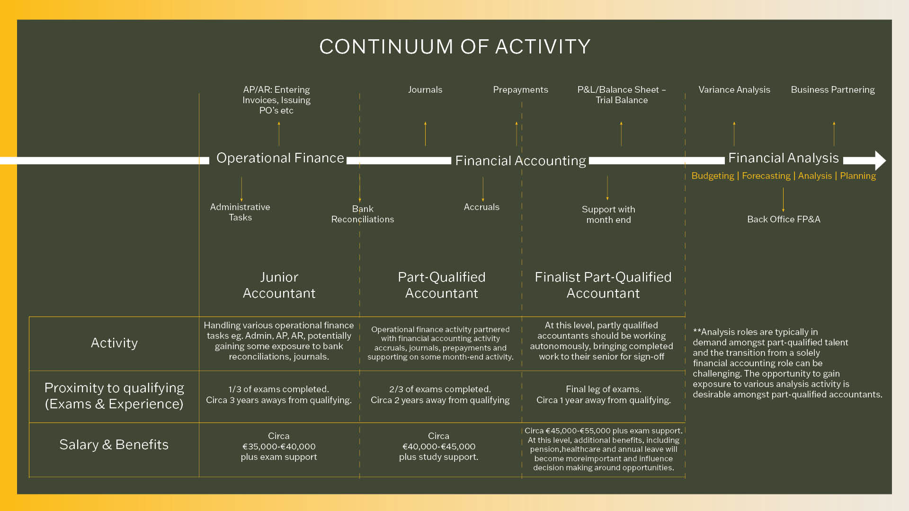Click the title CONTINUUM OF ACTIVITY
tap(454, 47)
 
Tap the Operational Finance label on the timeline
tap(280, 158)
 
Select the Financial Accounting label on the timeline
tap(520, 161)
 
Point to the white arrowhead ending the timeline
tap(880, 160)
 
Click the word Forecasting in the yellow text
tap(766, 176)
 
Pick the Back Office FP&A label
tap(784, 220)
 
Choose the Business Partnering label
tap(832, 90)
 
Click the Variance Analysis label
tap(734, 90)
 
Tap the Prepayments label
tap(520, 90)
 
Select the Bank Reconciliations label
tap(363, 214)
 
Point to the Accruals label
tap(481, 207)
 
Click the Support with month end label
tap(608, 215)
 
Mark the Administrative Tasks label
tap(240, 212)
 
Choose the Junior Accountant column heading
tap(279, 285)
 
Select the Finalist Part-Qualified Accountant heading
tap(603, 285)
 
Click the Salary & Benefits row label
tap(114, 445)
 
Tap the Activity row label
tap(114, 343)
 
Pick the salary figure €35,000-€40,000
tap(279, 447)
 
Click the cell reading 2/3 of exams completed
tap(440, 389)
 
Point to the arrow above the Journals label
tap(425, 133)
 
